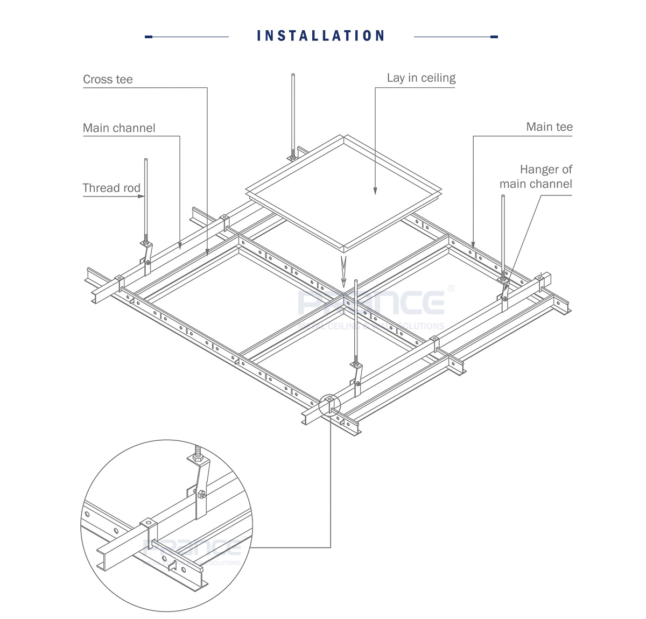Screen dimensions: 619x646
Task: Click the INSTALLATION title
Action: [x=321, y=36]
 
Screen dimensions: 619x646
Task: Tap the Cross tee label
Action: [x=108, y=80]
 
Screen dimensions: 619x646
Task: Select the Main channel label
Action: [x=119, y=128]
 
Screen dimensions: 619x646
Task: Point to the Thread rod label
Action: [x=111, y=188]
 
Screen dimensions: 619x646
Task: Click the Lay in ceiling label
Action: [x=421, y=78]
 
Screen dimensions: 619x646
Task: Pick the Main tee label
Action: [x=549, y=127]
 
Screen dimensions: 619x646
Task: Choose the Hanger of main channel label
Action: [x=536, y=177]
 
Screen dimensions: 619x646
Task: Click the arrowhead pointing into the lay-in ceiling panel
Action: [x=375, y=191]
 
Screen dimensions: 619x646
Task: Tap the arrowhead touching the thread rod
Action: [x=142, y=196]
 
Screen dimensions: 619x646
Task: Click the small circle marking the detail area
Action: [x=329, y=405]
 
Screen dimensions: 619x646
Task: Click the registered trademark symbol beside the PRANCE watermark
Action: [x=451, y=289]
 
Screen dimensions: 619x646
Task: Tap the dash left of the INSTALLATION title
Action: [x=149, y=37]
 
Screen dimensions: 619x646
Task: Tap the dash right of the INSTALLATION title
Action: [x=494, y=37]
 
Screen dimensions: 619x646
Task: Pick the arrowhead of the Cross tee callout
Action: [x=207, y=252]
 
